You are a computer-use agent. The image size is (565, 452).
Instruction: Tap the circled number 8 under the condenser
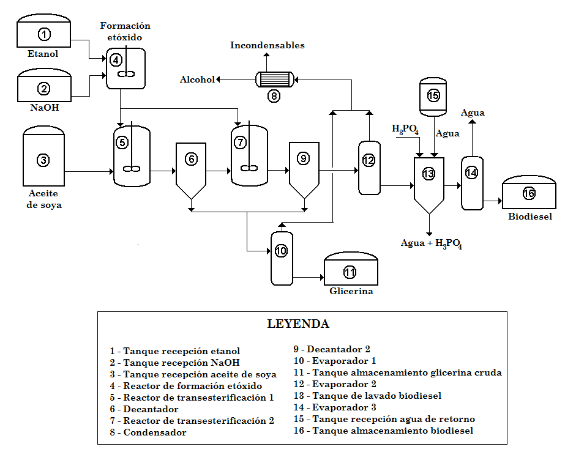pyautogui.click(x=274, y=95)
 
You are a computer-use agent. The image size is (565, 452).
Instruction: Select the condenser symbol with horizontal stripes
pyautogui.click(x=274, y=79)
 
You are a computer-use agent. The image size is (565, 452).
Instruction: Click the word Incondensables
pyautogui.click(x=267, y=45)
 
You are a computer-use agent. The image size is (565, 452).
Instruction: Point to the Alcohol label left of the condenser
pyautogui.click(x=197, y=80)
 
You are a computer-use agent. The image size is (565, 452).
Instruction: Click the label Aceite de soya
pyautogui.click(x=43, y=199)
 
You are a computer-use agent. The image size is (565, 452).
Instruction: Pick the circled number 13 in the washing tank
pyautogui.click(x=428, y=174)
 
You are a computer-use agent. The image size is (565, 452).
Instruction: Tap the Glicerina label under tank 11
pyautogui.click(x=351, y=291)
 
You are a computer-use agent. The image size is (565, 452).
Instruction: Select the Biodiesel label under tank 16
pyautogui.click(x=529, y=216)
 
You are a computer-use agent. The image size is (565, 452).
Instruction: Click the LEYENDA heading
pyautogui.click(x=298, y=324)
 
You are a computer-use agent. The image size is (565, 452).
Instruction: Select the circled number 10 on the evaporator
pyautogui.click(x=281, y=251)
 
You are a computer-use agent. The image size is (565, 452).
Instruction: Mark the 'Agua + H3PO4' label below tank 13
pyautogui.click(x=431, y=243)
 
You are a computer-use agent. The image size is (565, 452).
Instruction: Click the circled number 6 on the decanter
pyautogui.click(x=192, y=159)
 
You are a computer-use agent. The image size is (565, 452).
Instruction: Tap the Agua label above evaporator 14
pyautogui.click(x=473, y=113)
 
